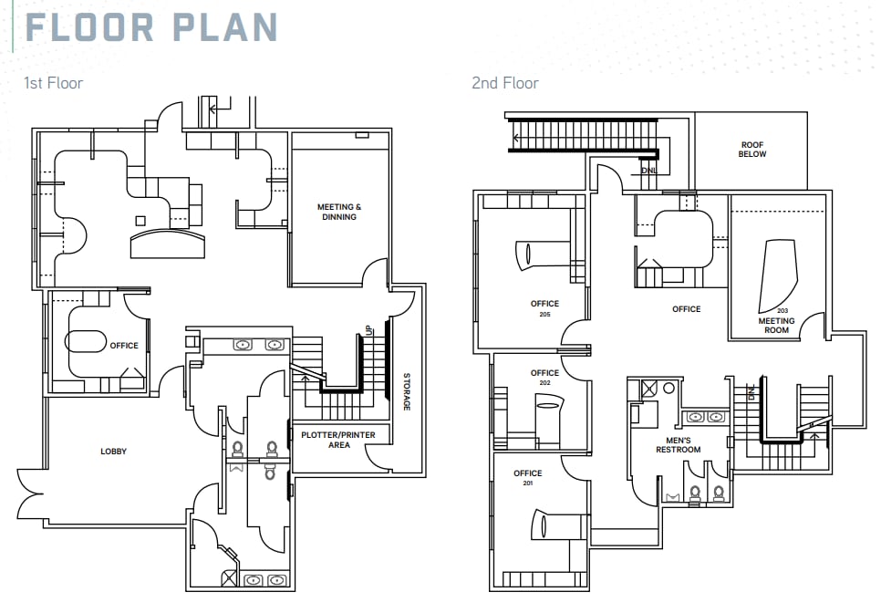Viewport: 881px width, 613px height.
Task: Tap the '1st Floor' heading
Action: coord(53,83)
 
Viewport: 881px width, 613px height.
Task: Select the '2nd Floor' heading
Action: coord(504,83)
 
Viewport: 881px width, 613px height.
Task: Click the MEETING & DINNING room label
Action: coord(339,212)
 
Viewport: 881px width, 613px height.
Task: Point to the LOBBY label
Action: coord(114,452)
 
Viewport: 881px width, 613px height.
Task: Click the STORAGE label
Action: coord(407,391)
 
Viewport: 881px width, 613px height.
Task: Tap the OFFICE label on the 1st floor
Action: coord(124,346)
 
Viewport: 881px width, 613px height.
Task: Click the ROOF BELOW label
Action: coord(752,149)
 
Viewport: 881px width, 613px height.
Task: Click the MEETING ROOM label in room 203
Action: coord(776,325)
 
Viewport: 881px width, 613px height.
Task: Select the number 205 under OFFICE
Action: coord(544,314)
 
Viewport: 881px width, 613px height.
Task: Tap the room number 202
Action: coord(544,383)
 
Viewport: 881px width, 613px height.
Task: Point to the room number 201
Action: coord(527,483)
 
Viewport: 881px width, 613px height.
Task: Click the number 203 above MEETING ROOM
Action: coord(776,311)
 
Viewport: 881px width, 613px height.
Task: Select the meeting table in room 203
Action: coord(777,274)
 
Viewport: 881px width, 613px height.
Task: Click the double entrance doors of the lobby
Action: coord(29,502)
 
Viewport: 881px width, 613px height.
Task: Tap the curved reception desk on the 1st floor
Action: coord(169,244)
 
